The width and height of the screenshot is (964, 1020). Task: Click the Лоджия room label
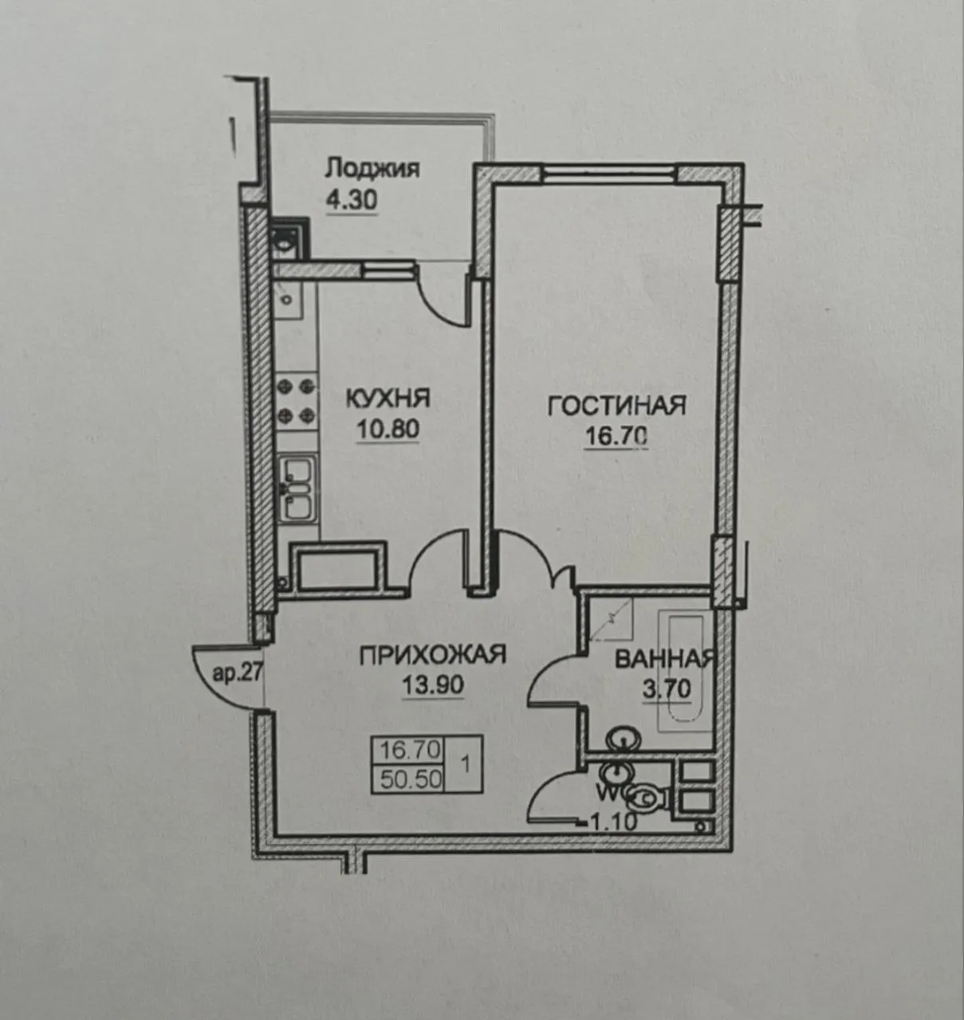[372, 169]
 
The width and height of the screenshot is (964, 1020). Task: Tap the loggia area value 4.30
[351, 199]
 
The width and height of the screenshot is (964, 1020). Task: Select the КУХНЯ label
[388, 397]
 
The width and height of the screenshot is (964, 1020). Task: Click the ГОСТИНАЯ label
[616, 406]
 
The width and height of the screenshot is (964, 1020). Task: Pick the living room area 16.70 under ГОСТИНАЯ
[616, 437]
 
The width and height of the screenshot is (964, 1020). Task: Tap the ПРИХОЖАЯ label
[433, 655]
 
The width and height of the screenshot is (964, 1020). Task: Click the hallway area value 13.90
[433, 685]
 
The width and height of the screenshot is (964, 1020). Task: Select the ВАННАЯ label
[663, 659]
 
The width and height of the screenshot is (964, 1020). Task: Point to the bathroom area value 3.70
[667, 686]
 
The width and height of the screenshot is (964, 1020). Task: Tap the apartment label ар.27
[234, 675]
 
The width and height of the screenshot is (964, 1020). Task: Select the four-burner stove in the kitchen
[295, 401]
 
